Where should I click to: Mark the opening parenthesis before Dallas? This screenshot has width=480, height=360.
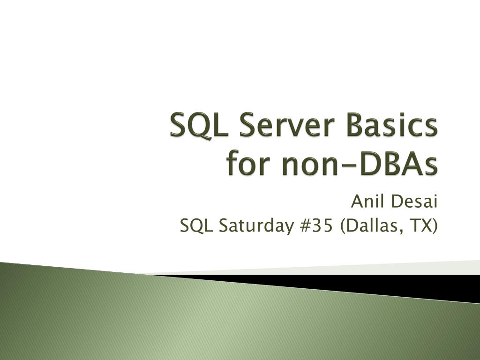tap(343, 227)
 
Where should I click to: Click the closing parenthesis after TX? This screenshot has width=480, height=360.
tap(435, 227)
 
